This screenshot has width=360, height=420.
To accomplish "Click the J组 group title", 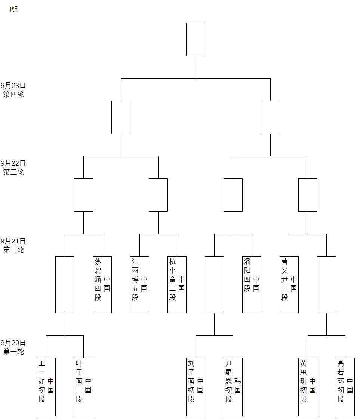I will (x=13, y=9).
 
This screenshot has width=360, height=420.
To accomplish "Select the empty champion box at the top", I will (x=196, y=39).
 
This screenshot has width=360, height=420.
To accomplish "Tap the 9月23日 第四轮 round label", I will (x=13, y=90).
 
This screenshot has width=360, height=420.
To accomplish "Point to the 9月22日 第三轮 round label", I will (x=13, y=168).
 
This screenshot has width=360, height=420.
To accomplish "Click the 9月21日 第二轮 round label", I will (x=13, y=245).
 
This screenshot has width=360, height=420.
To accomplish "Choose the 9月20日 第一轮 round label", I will (x=13, y=347).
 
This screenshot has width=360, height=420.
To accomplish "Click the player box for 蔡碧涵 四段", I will (x=102, y=284).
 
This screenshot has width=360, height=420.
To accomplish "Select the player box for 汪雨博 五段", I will (x=139, y=284).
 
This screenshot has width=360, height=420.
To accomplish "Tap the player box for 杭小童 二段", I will (x=177, y=284).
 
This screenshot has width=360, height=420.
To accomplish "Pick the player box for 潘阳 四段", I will (x=252, y=284).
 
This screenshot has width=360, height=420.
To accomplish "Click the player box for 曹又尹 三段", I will (x=289, y=284).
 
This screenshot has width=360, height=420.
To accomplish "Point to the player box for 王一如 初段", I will (x=46, y=386).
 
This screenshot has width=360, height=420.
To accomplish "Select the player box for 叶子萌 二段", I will (x=83, y=386).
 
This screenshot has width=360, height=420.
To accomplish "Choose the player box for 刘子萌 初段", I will (x=196, y=386).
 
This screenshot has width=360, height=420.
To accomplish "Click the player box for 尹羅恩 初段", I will (x=233, y=386).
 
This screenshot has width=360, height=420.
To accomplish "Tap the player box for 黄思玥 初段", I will (x=308, y=386).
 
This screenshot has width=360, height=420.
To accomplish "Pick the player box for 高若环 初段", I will (x=345, y=386).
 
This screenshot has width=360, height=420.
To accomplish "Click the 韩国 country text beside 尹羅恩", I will (x=237, y=386).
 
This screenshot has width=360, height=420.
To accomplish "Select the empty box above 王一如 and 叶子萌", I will (x=65, y=284).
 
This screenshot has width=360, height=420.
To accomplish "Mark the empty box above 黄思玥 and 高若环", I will (x=326, y=284).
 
